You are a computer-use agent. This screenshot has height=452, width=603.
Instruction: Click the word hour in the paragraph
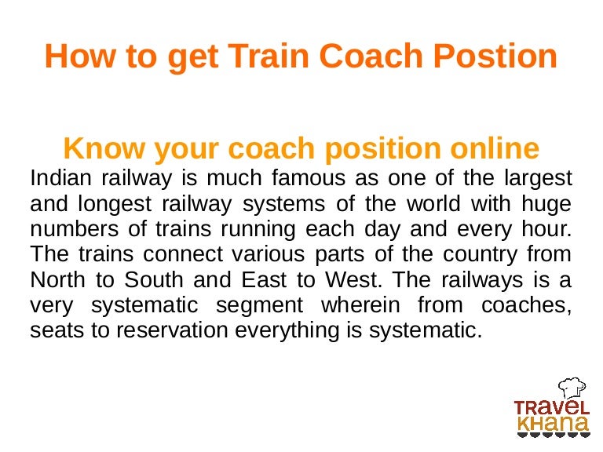click(x=545, y=229)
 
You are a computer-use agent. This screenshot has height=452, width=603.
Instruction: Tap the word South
click(x=144, y=280)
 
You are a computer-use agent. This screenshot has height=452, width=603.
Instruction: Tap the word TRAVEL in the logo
click(x=551, y=407)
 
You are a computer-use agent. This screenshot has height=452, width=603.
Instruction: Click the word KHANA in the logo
click(x=552, y=425)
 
